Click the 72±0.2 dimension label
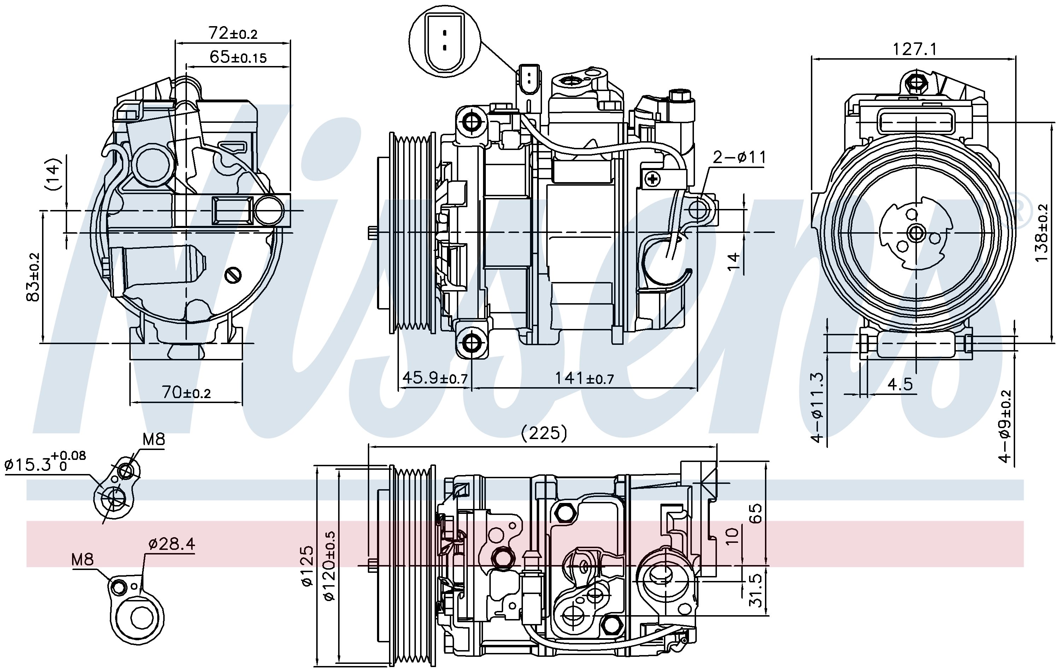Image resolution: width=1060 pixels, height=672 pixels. [x=233, y=33]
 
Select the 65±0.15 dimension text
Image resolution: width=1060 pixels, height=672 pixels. [x=238, y=57]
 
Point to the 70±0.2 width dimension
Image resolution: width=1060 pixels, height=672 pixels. [x=187, y=392]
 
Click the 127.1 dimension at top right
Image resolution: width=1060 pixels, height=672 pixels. [x=915, y=49]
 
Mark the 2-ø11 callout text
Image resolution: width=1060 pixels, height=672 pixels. [x=740, y=157]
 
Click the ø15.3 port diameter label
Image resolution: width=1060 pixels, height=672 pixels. [x=45, y=463]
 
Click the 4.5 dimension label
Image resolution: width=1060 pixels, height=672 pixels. [x=900, y=384]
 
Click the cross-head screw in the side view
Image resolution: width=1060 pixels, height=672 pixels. [x=652, y=179]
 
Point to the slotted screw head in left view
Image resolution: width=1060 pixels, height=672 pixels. [x=233, y=275]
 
